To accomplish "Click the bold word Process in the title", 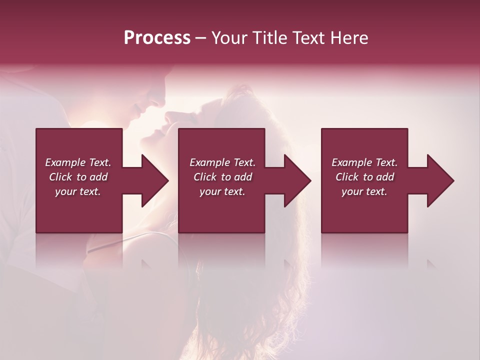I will pos(157,38).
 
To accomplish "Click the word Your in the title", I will pos(229,38).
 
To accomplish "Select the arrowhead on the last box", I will pos(439,180).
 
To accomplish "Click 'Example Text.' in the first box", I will pos(78,162).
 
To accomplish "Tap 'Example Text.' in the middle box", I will pos(222,162).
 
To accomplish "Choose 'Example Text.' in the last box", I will pos(364,162).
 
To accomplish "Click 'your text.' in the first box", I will pos(78,191).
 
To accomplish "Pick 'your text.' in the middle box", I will pos(222,191).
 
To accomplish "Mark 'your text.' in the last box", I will pos(364,191).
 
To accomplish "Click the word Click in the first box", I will pos(61,177).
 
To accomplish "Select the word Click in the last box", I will pos(347,177).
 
